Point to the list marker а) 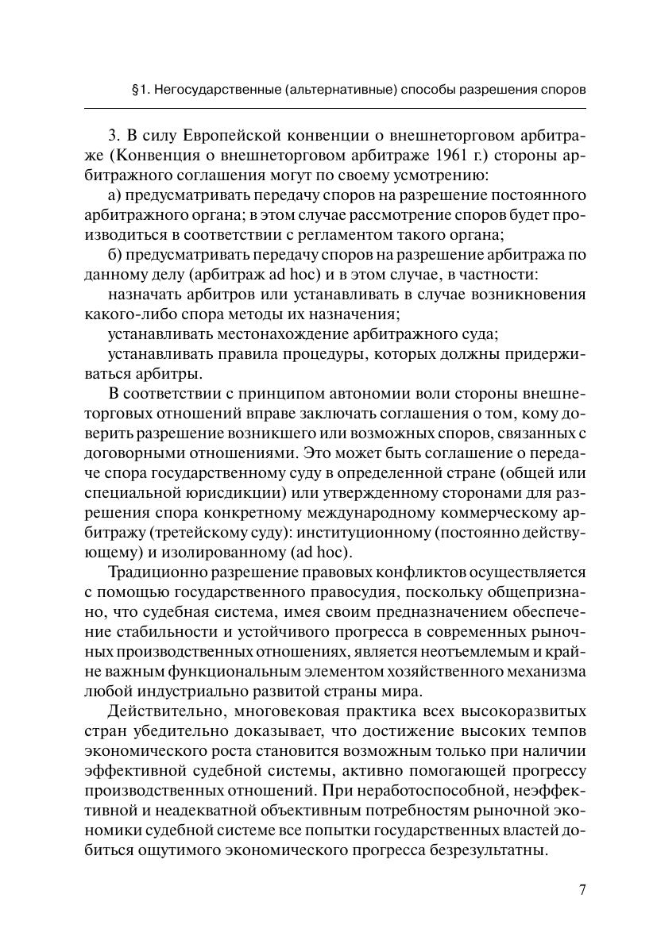(x=114, y=195)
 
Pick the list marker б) (x=114, y=256)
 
